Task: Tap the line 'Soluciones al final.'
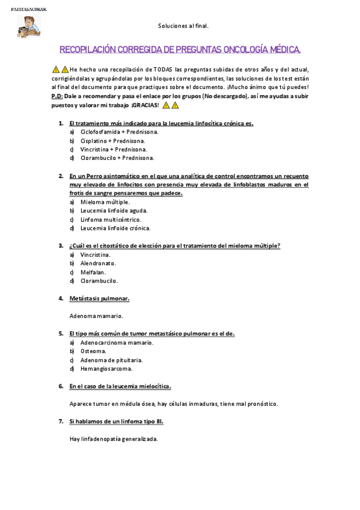[183, 26]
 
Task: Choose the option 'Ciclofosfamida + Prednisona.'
[119, 132]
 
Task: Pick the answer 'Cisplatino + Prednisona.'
[114, 141]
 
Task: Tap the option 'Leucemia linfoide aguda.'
[114, 210]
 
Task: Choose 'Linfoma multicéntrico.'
[111, 220]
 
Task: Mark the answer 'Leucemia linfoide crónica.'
[115, 228]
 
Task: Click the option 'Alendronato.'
[98, 263]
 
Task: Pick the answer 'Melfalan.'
[93, 272]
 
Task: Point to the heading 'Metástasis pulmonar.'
[99, 298]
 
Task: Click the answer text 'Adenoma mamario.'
[96, 316]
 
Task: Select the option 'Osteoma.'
[93, 351]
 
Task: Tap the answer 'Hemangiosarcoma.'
[106, 368]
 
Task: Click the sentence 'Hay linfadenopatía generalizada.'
[114, 438]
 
